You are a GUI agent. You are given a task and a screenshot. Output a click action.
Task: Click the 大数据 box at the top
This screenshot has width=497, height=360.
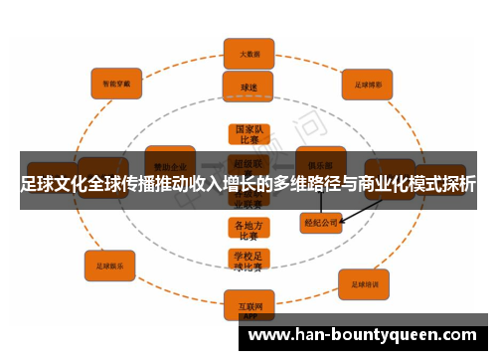pos(248,54)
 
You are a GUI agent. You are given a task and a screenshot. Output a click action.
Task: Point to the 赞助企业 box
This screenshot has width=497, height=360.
pos(169,162)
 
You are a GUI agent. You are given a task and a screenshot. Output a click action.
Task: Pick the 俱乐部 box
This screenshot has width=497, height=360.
pos(320,161)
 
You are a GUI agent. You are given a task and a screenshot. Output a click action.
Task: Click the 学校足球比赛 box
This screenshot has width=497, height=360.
pos(248,261)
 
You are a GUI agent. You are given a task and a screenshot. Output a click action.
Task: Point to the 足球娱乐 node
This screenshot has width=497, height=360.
pos(110,266)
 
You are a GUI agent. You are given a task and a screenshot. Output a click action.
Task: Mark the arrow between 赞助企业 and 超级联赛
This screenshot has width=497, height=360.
pos(212,164)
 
